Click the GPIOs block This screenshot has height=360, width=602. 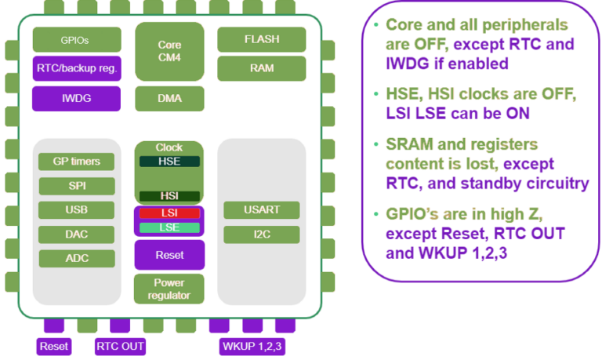[x=77, y=39]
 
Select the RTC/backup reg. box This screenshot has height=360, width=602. [x=77, y=68]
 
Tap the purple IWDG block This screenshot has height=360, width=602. [x=77, y=99]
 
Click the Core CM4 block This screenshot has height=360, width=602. [x=169, y=51]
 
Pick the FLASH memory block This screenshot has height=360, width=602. [x=261, y=39]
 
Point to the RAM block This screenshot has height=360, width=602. [x=261, y=68]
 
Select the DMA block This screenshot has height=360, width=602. [x=169, y=99]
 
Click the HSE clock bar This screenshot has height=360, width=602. [x=169, y=161]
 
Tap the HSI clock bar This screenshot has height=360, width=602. [x=169, y=196]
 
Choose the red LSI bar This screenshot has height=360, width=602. [x=169, y=213]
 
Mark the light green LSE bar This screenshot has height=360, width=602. [x=169, y=227]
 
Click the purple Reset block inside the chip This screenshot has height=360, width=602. [x=169, y=255]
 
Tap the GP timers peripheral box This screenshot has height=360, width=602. [x=77, y=162]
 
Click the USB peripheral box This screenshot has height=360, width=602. [x=77, y=210]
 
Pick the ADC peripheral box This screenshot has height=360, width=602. [x=77, y=259]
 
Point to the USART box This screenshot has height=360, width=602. [x=261, y=210]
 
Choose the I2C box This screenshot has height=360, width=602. [x=261, y=235]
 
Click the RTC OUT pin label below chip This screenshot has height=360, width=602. [x=121, y=346]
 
